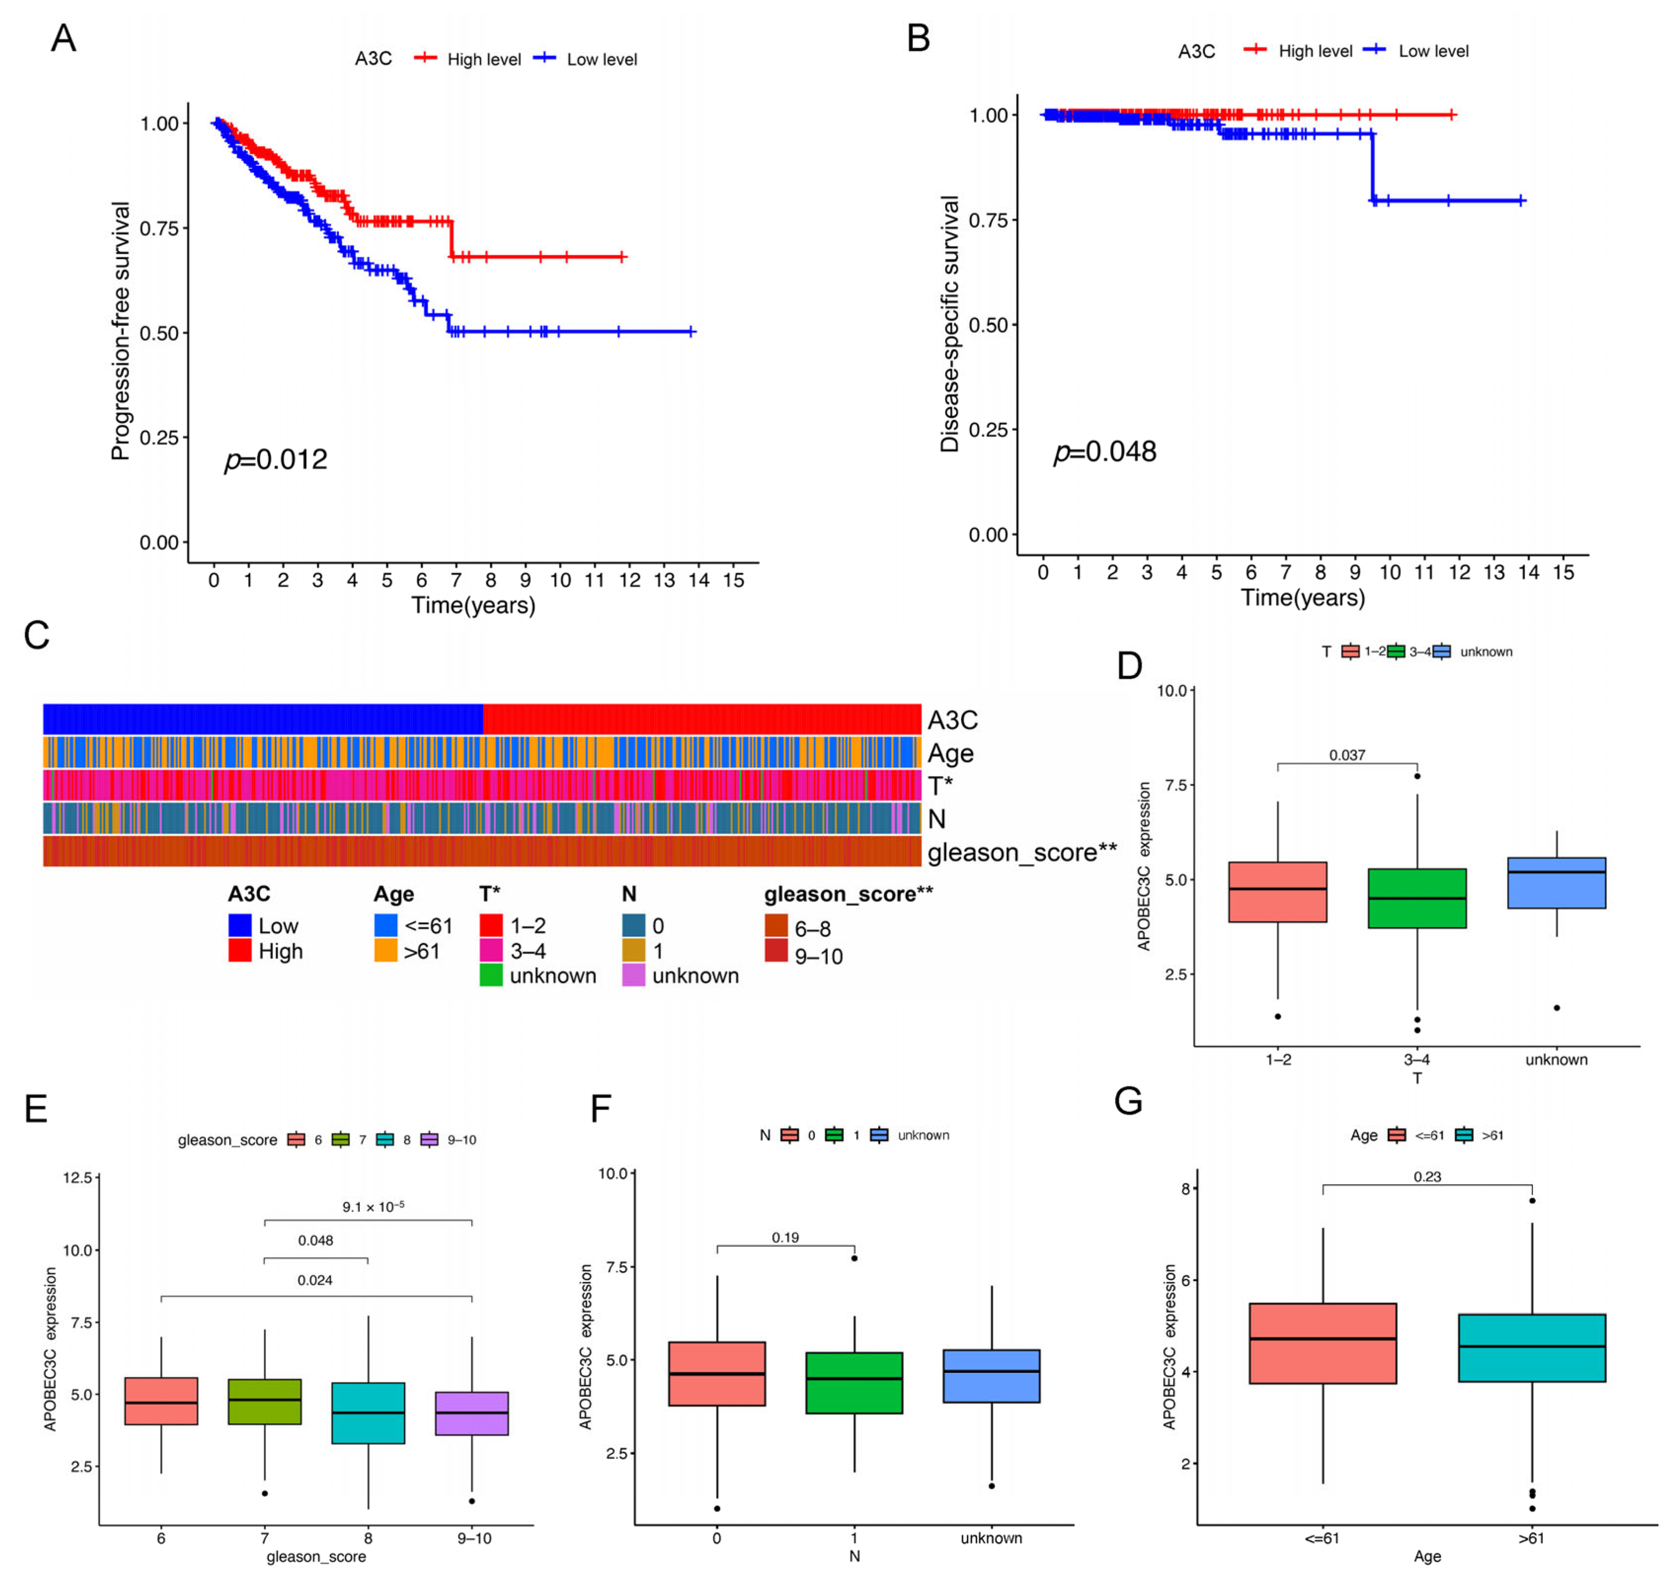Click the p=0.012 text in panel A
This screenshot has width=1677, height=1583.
pos(276,460)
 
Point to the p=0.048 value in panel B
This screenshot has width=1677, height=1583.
pos(1105,452)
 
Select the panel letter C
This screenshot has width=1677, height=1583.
pos(37,636)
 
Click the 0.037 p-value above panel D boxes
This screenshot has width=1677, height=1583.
pos(1347,755)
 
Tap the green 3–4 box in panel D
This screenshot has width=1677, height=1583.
pos(1417,899)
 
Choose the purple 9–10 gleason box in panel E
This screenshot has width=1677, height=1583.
pos(472,1413)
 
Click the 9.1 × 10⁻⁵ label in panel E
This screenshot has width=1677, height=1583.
pos(373,1206)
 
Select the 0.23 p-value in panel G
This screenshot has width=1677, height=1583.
pos(1427,1176)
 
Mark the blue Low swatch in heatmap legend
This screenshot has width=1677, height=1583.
pos(240,926)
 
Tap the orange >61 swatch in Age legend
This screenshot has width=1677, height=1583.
pos(385,951)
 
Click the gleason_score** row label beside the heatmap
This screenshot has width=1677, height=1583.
pos(1022,852)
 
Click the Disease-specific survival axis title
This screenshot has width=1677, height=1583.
pos(950,324)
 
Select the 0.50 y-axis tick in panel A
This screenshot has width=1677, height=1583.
pos(159,333)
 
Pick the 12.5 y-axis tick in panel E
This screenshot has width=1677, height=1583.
pos(77,1177)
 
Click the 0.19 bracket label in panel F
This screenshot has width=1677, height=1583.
pos(785,1237)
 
